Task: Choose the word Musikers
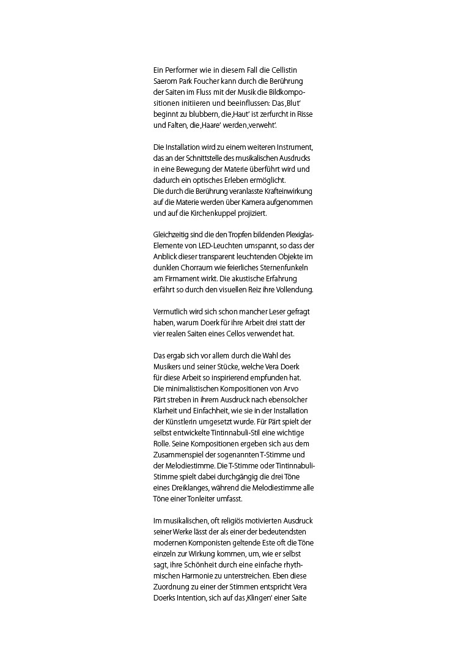[171, 366]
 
